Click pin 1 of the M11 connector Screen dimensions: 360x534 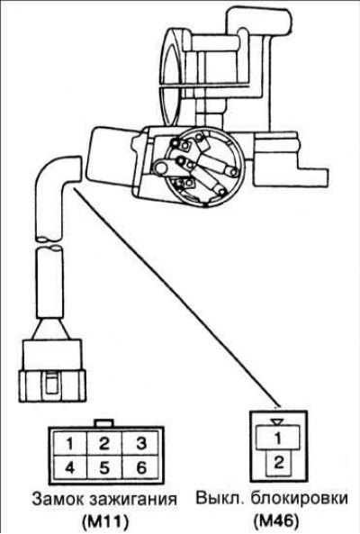point(69,443)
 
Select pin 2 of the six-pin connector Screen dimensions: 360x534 point(104,443)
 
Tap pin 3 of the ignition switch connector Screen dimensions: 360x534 point(140,443)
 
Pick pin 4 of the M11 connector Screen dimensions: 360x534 point(69,467)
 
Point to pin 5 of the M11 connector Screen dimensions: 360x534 point(104,467)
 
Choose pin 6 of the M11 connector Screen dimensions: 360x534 point(140,467)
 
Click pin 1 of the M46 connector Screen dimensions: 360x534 point(278,438)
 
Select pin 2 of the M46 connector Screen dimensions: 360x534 point(279,463)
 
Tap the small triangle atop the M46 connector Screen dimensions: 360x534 point(278,422)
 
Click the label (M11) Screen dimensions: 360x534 point(104,521)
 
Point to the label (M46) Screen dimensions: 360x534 point(275,520)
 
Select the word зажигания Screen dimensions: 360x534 point(133,500)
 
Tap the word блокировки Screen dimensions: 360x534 point(300,499)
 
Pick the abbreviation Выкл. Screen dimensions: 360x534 point(220,499)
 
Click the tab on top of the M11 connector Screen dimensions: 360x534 point(104,423)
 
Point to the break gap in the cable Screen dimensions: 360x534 point(49,243)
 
